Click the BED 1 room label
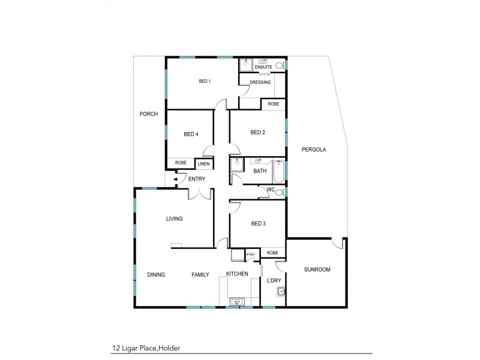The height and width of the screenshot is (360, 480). tap(205, 82)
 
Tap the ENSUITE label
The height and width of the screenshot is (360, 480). tap(263, 67)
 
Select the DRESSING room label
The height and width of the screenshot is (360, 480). tap(260, 82)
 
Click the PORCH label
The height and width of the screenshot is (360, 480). tap(148, 114)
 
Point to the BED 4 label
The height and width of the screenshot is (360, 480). tap(190, 134)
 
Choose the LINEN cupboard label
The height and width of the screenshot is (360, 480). tap(203, 163)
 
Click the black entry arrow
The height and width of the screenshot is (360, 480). tap(175, 179)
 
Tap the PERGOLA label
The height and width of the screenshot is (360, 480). tap(314, 150)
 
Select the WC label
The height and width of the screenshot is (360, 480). tap(270, 190)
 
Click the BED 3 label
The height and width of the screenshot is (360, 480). tap(258, 224)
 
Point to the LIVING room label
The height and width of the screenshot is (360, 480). tap(174, 219)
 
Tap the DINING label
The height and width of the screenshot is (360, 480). tap(156, 275)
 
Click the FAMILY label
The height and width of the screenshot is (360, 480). tap(200, 275)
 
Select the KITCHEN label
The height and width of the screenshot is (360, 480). tap(237, 274)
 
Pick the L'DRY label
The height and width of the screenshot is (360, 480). tap(274, 281)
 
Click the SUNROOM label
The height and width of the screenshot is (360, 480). tap(317, 269)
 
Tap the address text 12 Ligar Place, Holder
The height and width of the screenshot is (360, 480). tap(146, 347)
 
